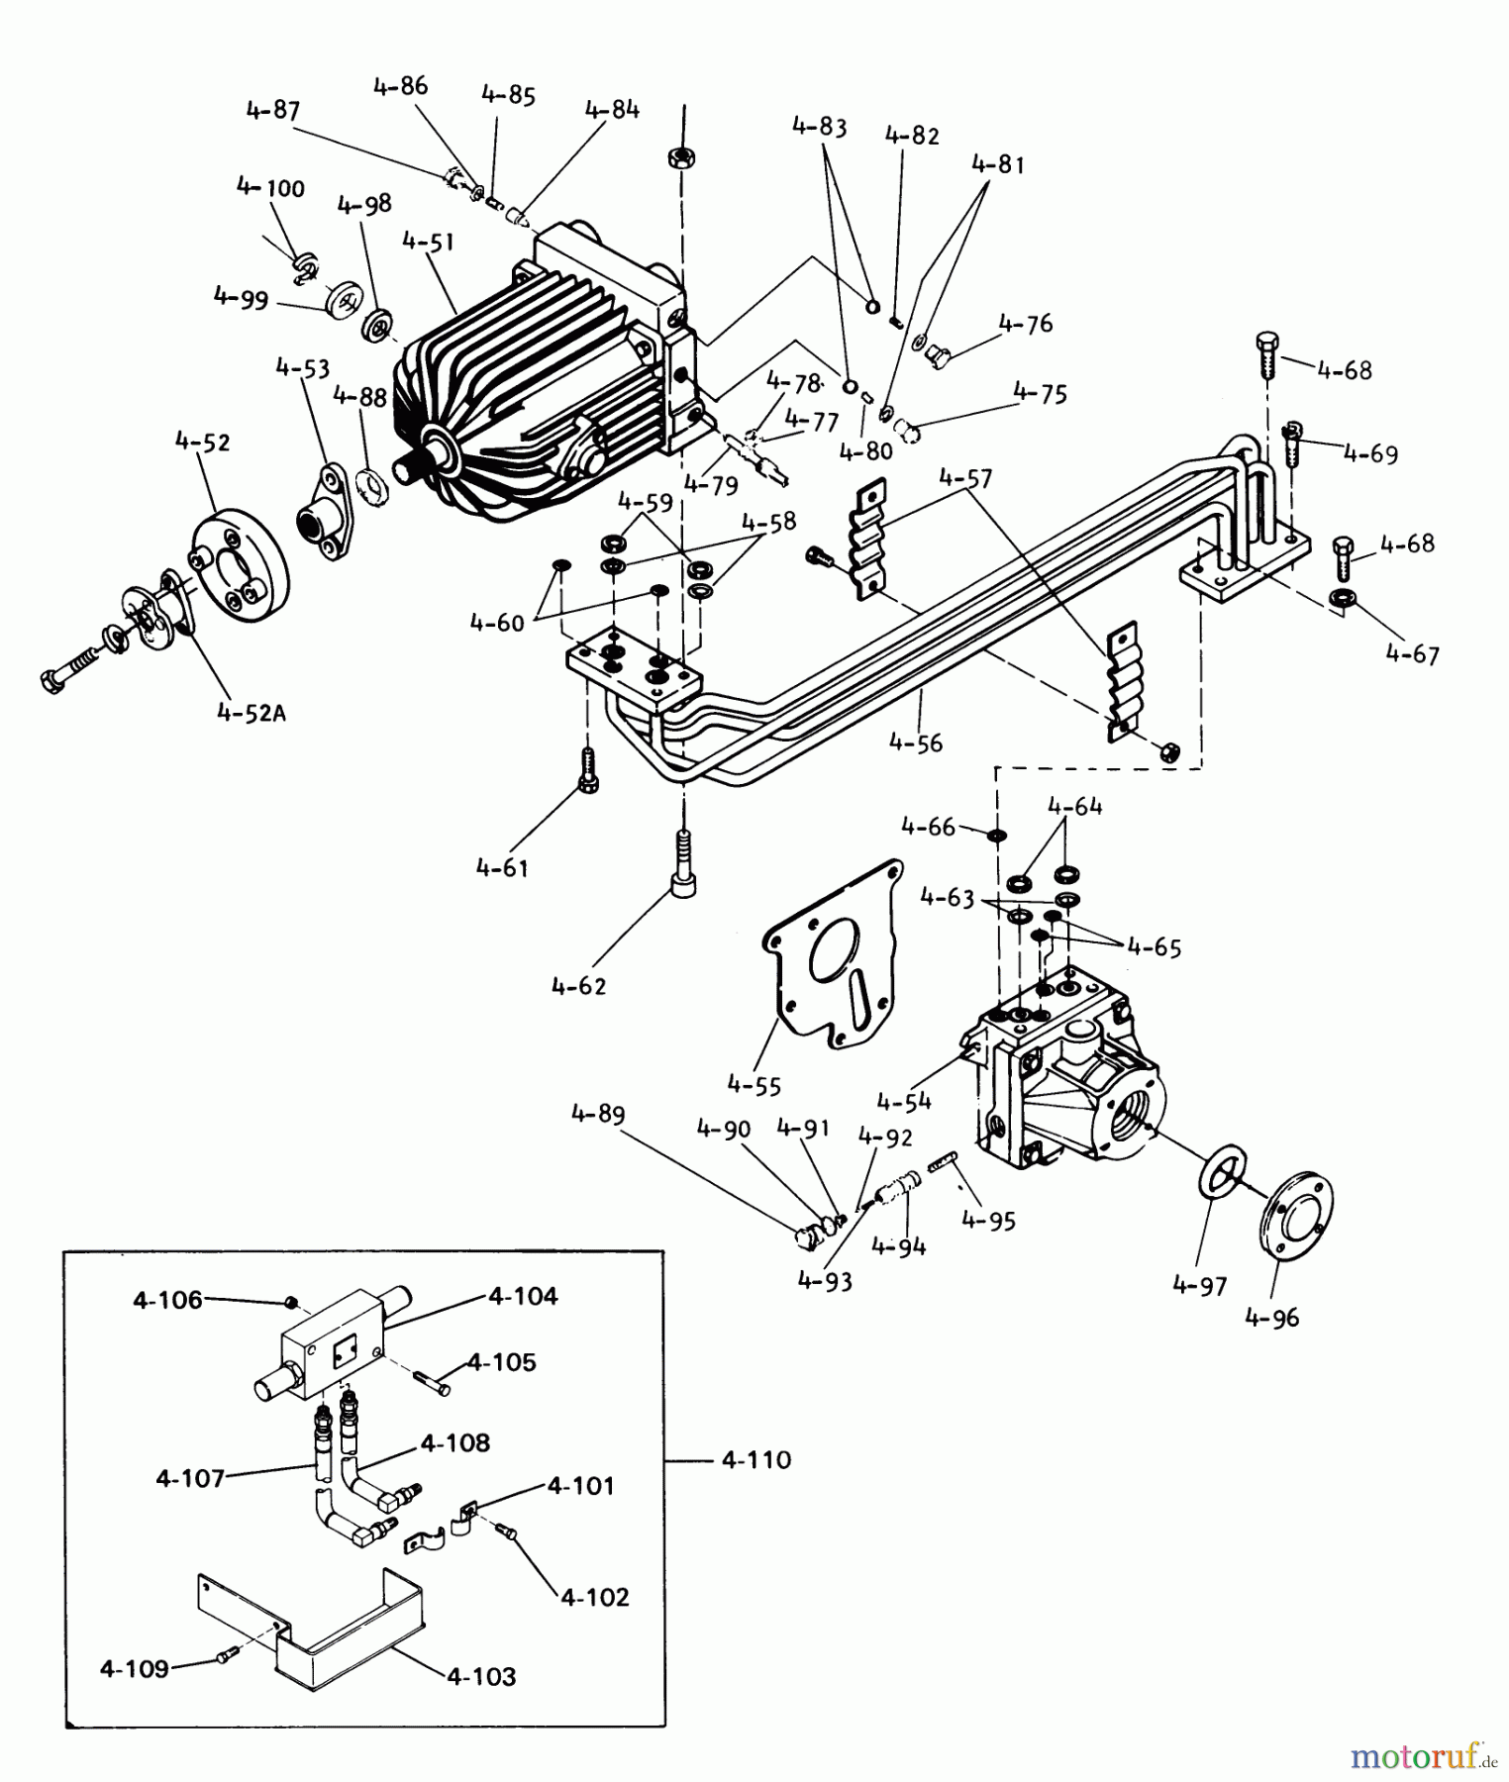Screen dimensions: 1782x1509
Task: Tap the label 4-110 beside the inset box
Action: click(755, 1460)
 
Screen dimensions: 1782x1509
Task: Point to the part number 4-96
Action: click(1272, 1318)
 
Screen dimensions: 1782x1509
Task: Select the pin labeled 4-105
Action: click(436, 1383)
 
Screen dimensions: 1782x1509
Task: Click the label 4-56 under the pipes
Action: click(915, 742)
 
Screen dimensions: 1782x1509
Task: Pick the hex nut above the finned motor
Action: click(680, 157)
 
